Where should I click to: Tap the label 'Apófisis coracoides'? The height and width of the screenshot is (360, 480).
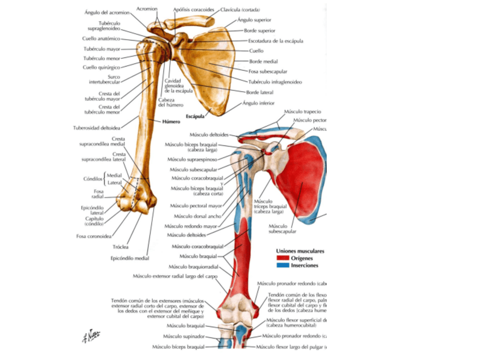[x=194, y=10]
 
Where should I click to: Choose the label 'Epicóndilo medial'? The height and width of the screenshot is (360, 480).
[x=130, y=258]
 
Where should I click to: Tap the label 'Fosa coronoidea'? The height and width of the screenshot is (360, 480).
[x=93, y=236]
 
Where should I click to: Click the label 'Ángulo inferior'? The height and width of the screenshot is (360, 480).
[x=258, y=104]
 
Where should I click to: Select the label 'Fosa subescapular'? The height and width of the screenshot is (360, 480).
[x=268, y=71]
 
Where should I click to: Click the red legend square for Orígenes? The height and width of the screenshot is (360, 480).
[x=281, y=258]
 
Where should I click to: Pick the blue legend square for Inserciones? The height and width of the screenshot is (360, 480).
[x=281, y=265]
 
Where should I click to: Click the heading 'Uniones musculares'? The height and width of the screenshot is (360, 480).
[x=300, y=250]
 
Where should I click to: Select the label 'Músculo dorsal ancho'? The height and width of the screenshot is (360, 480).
[x=198, y=216]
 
